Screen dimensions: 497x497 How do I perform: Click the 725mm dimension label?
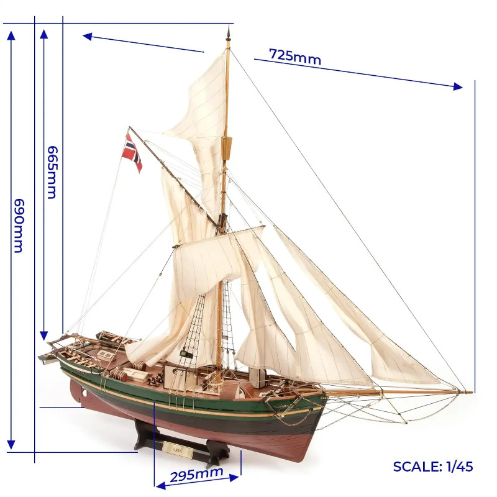[294, 57]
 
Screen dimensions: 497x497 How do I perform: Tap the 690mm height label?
[19, 226]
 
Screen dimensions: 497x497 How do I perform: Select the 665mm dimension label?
[52, 172]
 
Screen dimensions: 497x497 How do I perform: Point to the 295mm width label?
[196, 474]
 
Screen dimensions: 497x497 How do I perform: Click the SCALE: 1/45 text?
[432, 467]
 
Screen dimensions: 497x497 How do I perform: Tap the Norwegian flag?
[132, 153]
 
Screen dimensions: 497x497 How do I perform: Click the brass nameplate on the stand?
[178, 449]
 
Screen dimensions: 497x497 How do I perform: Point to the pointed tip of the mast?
[228, 27]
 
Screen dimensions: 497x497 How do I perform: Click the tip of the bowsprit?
[472, 393]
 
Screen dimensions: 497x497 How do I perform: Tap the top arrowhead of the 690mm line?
[11, 35]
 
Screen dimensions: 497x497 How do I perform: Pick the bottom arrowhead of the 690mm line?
[11, 445]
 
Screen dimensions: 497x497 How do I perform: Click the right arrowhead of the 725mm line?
[458, 86]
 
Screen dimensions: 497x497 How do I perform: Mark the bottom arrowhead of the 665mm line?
[43, 335]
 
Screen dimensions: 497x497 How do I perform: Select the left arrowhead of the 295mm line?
[161, 486]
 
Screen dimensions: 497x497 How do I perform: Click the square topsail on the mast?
[219, 257]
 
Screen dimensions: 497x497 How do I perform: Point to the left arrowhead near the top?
[87, 37]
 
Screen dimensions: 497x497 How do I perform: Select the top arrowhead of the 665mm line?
[43, 34]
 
